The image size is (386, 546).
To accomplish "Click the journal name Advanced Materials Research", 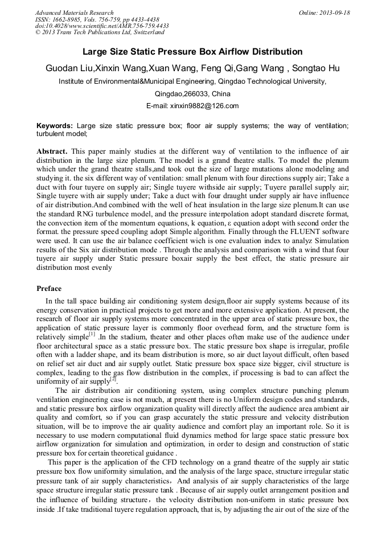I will coord(75,13).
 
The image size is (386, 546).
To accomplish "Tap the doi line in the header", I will coord(102,26).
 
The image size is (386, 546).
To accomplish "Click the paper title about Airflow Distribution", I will coord(192,52).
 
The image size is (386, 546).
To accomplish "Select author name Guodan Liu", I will coord(69,68).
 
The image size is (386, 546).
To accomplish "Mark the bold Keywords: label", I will coord(55,125).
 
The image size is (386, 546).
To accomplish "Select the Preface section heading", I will coord(49,289).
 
